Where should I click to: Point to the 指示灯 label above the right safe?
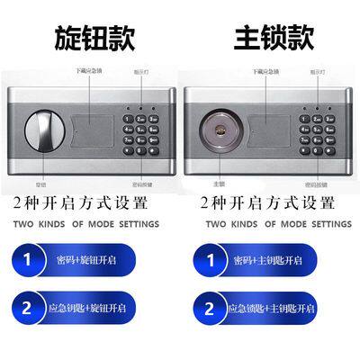point(318,68)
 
